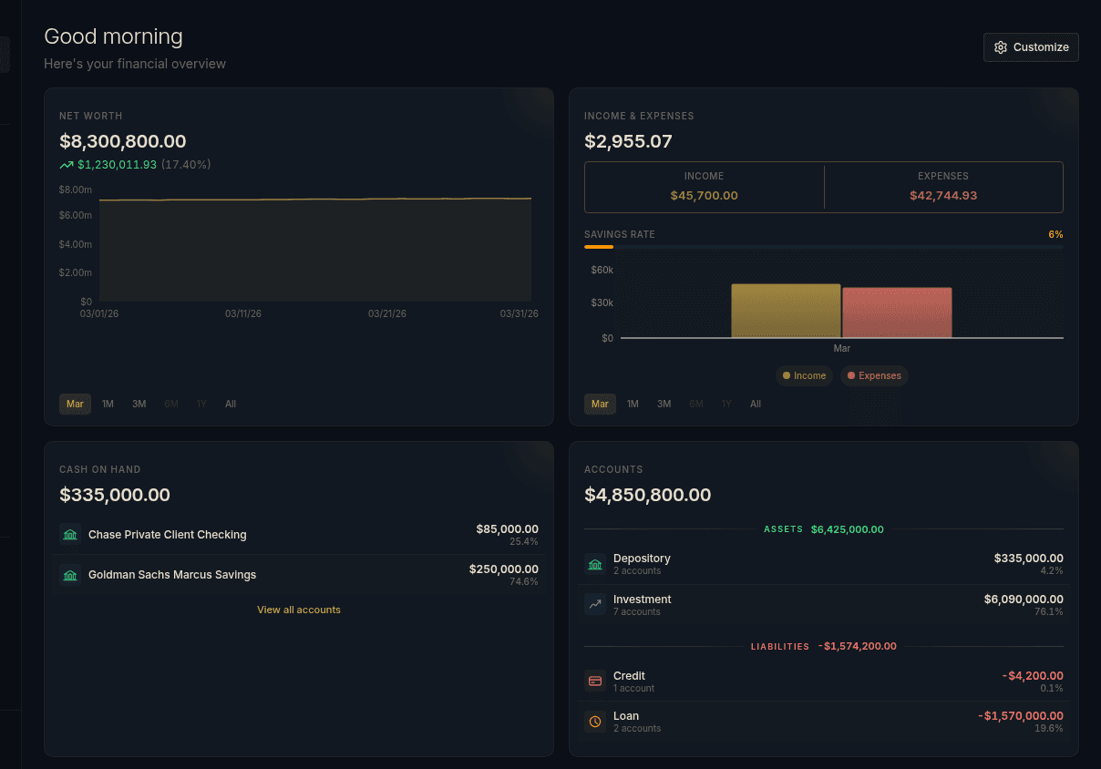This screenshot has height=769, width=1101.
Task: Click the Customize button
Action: (x=1031, y=47)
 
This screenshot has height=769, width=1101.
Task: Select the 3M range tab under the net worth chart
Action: (x=139, y=404)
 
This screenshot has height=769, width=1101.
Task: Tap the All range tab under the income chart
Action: (x=756, y=404)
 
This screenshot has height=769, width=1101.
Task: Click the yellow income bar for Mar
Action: (x=786, y=311)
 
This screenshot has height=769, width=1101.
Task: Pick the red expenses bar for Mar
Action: (x=897, y=313)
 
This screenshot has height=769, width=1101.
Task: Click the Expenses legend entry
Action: (x=874, y=375)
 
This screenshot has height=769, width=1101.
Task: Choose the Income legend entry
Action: (x=804, y=375)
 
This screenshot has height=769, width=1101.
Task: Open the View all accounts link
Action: (x=299, y=610)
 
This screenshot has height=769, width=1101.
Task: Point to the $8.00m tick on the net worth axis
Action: (x=76, y=190)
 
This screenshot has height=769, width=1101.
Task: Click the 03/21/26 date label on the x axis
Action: (x=387, y=313)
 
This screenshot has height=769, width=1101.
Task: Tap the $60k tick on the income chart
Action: (x=602, y=270)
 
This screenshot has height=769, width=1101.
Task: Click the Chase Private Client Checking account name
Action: (x=167, y=535)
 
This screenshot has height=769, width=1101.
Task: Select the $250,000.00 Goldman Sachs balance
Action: (x=503, y=569)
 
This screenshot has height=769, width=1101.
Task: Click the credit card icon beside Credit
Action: (x=595, y=681)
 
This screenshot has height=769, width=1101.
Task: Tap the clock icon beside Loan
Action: (x=595, y=722)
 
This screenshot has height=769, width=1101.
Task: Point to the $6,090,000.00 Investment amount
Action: (x=1023, y=599)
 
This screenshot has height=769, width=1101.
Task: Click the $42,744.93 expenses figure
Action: (x=943, y=195)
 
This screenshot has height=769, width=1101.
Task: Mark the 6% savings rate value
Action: (x=1055, y=234)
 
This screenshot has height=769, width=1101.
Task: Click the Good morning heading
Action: (x=114, y=36)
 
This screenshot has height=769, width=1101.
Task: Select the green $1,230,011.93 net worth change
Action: (x=117, y=165)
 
